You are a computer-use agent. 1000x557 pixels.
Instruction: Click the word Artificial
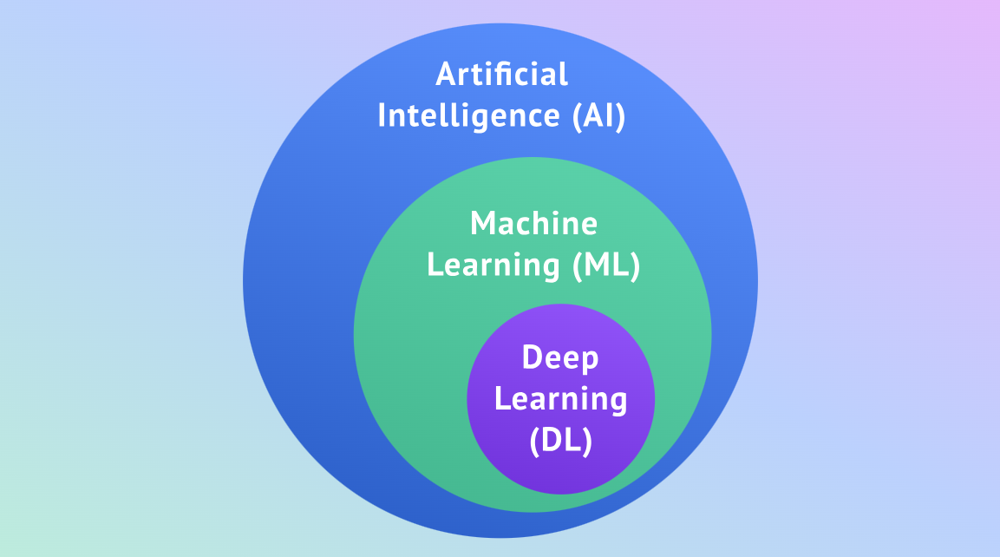click(x=502, y=75)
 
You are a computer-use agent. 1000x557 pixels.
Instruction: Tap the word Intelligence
click(x=468, y=115)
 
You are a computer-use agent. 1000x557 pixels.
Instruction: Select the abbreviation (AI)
click(x=598, y=115)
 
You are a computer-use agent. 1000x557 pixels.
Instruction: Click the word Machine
click(x=533, y=224)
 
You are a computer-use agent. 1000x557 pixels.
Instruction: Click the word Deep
click(x=561, y=357)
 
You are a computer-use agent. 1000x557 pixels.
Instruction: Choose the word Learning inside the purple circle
click(x=561, y=399)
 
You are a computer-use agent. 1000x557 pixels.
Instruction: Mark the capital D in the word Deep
click(x=532, y=357)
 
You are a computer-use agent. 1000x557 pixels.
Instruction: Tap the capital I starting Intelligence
click(x=382, y=115)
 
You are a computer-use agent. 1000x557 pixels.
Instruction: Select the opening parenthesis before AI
click(x=578, y=116)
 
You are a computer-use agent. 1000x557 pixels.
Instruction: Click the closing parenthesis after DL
click(x=587, y=442)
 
